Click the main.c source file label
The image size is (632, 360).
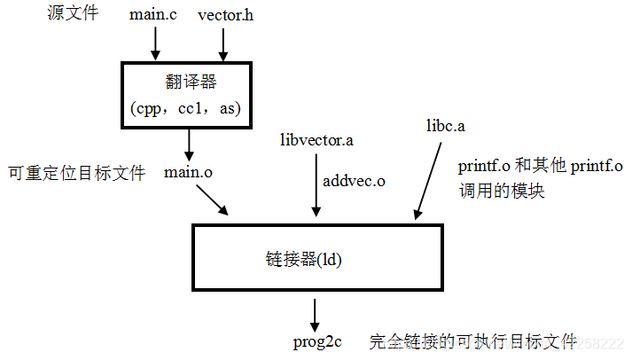(x=153, y=15)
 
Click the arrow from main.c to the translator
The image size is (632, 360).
(x=155, y=43)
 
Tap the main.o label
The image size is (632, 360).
(x=189, y=172)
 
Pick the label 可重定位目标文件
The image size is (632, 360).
(x=75, y=173)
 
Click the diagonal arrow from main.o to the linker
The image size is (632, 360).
(x=213, y=201)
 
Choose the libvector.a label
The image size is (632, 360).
(x=316, y=140)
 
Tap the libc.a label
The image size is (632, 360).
(x=446, y=126)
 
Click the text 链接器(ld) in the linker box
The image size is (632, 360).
(x=304, y=260)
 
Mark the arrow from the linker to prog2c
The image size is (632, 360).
(x=314, y=312)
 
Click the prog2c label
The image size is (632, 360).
(x=317, y=341)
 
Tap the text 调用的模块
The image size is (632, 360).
(x=501, y=190)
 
